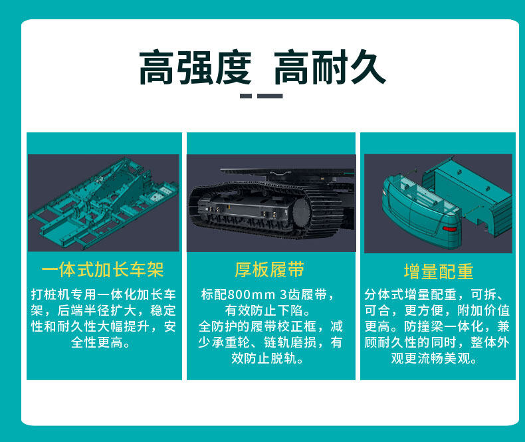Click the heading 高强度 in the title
(x=195, y=67)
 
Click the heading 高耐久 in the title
(x=330, y=67)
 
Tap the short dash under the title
(x=246, y=96)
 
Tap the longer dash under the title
(x=270, y=96)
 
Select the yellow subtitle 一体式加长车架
(x=103, y=270)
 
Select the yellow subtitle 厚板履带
(x=270, y=270)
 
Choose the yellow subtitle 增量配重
(x=439, y=271)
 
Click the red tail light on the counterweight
(x=450, y=229)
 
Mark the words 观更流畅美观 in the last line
(x=431, y=359)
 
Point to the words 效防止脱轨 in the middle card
(x=264, y=359)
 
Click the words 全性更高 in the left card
(x=97, y=342)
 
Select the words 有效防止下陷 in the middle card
(x=264, y=310)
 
